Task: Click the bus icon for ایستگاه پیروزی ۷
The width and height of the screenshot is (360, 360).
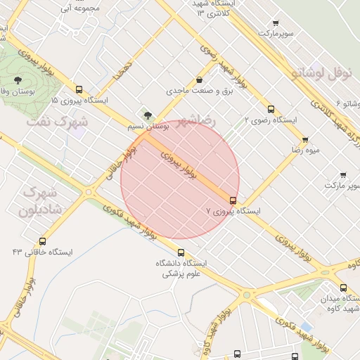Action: (233, 200)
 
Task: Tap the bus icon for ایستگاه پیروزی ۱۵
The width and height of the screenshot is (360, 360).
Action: (79, 90)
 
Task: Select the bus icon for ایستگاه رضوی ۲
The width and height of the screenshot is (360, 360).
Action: (271, 109)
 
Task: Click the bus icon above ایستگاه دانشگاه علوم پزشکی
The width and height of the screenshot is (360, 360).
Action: (181, 253)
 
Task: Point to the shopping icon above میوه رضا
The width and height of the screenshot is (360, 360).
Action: (304, 140)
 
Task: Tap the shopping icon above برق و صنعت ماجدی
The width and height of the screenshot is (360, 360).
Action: (200, 80)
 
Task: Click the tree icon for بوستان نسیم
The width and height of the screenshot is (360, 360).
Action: (147, 116)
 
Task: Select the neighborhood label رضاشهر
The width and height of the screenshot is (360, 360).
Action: (200, 120)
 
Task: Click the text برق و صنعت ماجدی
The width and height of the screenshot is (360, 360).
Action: (199, 91)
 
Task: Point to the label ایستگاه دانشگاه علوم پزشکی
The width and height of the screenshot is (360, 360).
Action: (182, 269)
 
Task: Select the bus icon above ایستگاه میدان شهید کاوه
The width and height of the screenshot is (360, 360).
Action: (343, 288)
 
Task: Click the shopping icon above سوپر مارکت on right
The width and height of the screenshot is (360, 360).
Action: (343, 174)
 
